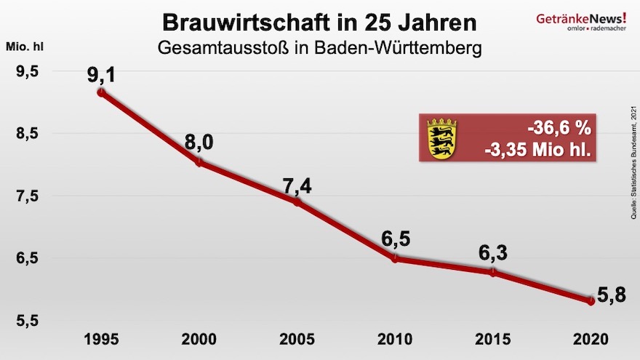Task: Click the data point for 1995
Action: click(x=101, y=92)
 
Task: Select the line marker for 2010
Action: click(x=395, y=258)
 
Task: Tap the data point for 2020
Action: click(x=591, y=300)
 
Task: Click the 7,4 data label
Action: click(x=297, y=185)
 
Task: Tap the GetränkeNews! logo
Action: click(x=578, y=20)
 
